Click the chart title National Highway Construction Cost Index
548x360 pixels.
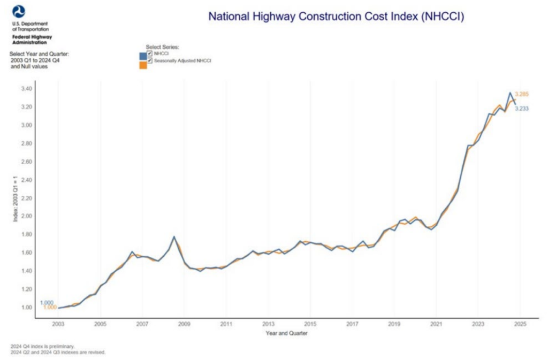(336, 17)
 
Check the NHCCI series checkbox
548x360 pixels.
(150, 53)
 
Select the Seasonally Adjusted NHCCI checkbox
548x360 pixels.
(150, 61)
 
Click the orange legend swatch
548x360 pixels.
(143, 65)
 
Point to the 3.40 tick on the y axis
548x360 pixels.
(26, 89)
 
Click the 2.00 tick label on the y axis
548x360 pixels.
(26, 216)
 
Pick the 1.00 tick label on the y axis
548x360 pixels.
(26, 308)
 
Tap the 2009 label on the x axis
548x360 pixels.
(184, 324)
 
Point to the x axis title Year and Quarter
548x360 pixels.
(286, 333)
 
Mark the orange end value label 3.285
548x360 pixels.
(522, 94)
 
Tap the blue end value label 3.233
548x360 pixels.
(522, 109)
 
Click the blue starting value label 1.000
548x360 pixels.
(47, 303)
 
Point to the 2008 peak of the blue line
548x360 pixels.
(174, 236)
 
